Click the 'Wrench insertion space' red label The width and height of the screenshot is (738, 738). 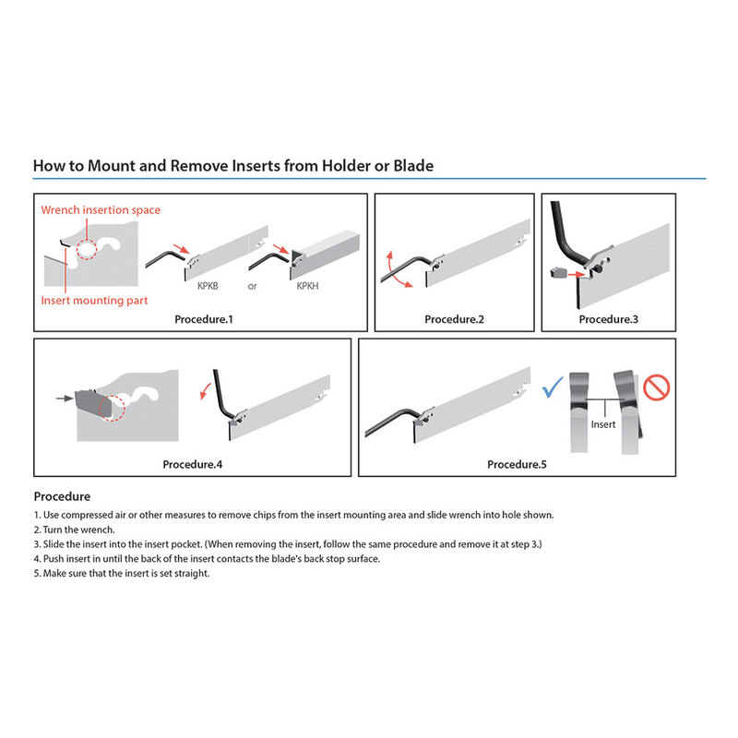(101, 210)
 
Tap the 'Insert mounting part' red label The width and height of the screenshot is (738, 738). (94, 301)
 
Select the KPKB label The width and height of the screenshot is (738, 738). (208, 286)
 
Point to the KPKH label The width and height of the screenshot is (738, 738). (307, 286)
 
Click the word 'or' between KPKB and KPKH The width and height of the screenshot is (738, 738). (252, 286)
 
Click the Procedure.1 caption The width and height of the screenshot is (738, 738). (204, 319)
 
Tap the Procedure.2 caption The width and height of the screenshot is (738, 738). (454, 319)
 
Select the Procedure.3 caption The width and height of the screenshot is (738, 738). (609, 319)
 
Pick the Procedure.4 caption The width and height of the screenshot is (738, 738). (193, 465)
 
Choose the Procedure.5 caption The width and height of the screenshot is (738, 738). (517, 465)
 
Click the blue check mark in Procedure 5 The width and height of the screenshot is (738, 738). (552, 387)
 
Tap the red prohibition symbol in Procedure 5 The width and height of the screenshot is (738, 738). (656, 387)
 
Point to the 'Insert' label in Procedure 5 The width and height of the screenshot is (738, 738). (603, 424)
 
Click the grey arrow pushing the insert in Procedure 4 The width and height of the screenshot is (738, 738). (65, 399)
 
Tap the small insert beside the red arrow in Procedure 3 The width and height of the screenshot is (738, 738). (558, 272)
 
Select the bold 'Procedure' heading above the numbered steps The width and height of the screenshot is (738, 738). (62, 496)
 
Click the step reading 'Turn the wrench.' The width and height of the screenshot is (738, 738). (75, 530)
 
